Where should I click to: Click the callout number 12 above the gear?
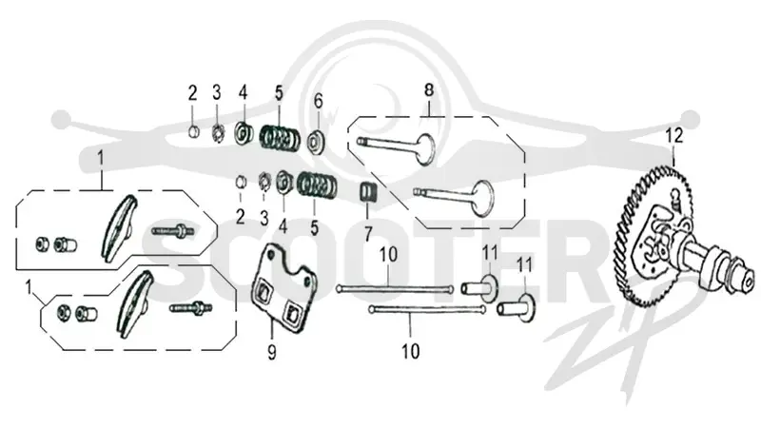tap(674, 135)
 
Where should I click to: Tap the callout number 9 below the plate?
tap(272, 351)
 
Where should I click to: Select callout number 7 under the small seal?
tap(368, 234)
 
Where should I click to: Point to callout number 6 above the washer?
tap(318, 101)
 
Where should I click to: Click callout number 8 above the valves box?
tap(429, 90)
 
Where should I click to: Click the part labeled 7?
tap(367, 192)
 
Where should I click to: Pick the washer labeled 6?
tap(317, 141)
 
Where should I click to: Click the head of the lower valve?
tap(482, 199)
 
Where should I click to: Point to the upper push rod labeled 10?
tap(395, 289)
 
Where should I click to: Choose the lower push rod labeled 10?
tap(427, 309)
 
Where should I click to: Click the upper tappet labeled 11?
tap(479, 287)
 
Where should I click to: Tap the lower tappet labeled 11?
tap(516, 307)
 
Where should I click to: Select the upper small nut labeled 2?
tap(193, 130)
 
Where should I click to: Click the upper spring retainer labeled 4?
tap(243, 133)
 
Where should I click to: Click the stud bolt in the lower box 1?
tap(191, 308)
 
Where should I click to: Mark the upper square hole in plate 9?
tap(265, 292)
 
